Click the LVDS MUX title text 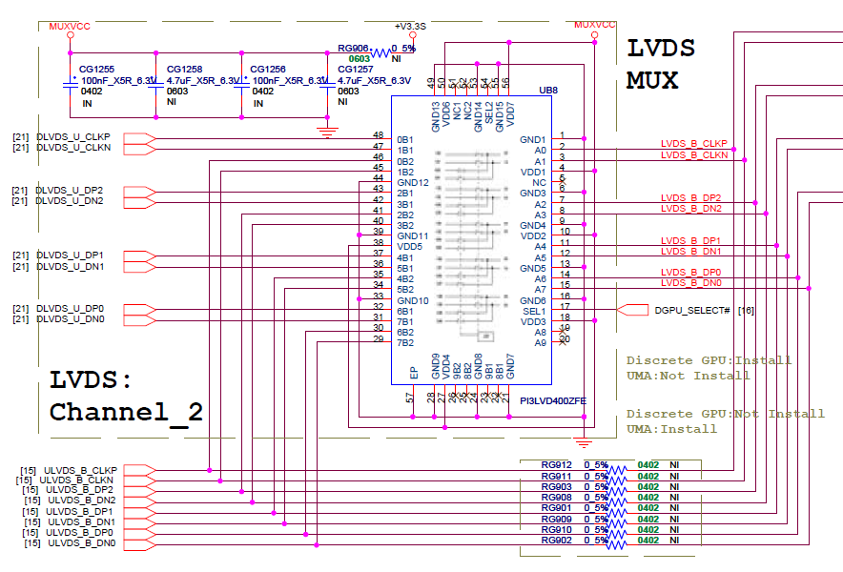click(x=660, y=64)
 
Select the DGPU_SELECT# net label click(x=691, y=310)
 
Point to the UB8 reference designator click(x=548, y=91)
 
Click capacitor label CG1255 click(x=96, y=70)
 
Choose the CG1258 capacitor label click(x=184, y=70)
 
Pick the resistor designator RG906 click(x=354, y=48)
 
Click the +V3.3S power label click(x=412, y=26)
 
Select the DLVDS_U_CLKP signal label click(x=73, y=137)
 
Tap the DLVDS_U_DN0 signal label click(x=70, y=318)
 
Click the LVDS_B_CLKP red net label click(x=694, y=143)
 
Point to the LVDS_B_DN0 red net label click(x=691, y=283)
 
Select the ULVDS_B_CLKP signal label click(x=82, y=470)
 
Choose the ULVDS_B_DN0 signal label click(x=81, y=543)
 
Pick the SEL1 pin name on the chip click(x=534, y=311)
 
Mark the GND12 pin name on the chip click(x=413, y=182)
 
